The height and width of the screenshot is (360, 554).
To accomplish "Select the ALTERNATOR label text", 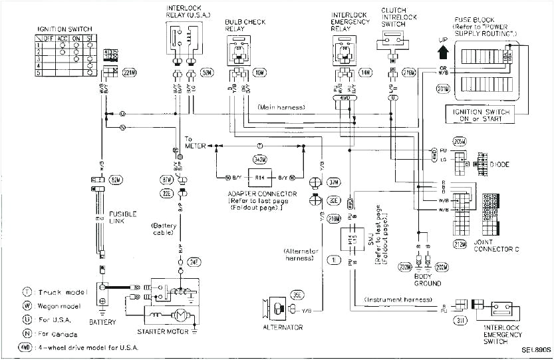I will click(282, 327).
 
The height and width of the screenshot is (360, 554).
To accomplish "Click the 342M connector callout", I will click(260, 160).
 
